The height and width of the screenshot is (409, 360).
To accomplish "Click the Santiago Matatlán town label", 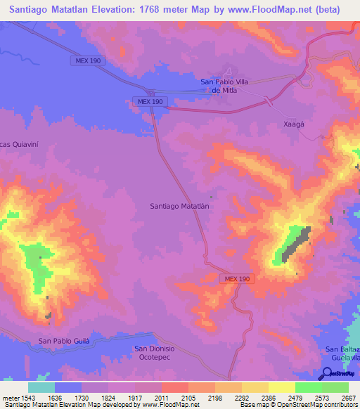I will click(x=181, y=206).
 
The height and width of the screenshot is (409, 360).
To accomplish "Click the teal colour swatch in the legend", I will click(x=41, y=387).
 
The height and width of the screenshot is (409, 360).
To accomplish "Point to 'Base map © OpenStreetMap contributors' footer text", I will click(x=298, y=405).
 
